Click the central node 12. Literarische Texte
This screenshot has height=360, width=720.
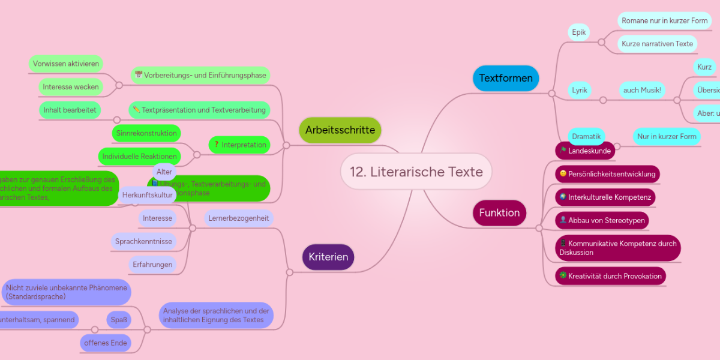pyautogui.click(x=416, y=172)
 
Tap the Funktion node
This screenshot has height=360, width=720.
pyautogui.click(x=499, y=213)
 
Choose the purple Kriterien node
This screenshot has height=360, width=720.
pyautogui.click(x=328, y=257)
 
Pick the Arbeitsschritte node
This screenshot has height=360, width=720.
pyautogui.click(x=340, y=130)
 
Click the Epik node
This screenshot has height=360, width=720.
pyautogui.click(x=579, y=32)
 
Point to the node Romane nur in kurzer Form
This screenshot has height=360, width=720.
pyautogui.click(x=664, y=20)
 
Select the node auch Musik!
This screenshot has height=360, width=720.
pyautogui.click(x=642, y=90)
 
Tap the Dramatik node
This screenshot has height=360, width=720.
pyautogui.click(x=586, y=137)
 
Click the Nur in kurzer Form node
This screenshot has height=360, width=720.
pyautogui.click(x=667, y=137)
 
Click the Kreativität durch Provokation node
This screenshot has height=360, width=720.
pyautogui.click(x=610, y=276)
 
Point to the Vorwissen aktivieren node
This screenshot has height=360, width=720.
pyautogui.click(x=66, y=64)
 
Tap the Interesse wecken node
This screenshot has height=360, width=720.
pyautogui.click(x=71, y=87)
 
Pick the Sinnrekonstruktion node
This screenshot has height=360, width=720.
pyautogui.click(x=146, y=133)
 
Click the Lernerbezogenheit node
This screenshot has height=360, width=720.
pyautogui.click(x=238, y=218)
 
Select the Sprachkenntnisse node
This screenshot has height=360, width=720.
pyautogui.click(x=144, y=241)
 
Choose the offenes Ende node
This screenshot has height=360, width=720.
pyautogui.click(x=106, y=343)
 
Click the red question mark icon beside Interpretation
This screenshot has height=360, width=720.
pyautogui.click(x=216, y=145)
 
